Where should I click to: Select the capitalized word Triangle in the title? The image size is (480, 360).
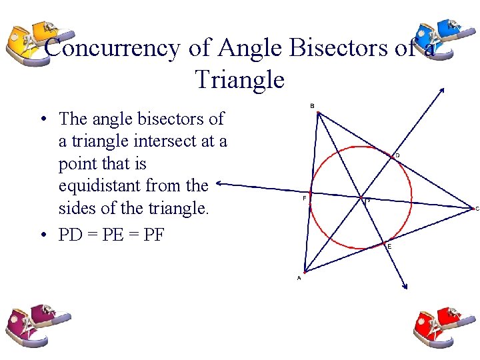(240, 80)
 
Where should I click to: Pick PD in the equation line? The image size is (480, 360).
(72, 235)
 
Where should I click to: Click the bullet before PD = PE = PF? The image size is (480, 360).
(42, 235)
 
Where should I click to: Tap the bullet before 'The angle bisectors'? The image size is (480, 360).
(42, 120)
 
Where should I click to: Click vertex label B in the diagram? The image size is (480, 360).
(312, 105)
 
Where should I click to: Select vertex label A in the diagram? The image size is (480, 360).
(299, 278)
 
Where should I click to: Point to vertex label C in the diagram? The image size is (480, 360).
(477, 208)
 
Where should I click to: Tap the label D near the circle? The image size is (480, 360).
(397, 155)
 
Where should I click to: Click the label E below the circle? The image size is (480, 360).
(389, 246)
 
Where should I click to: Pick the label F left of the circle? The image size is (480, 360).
(304, 198)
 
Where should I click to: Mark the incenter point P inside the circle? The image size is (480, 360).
(365, 199)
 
